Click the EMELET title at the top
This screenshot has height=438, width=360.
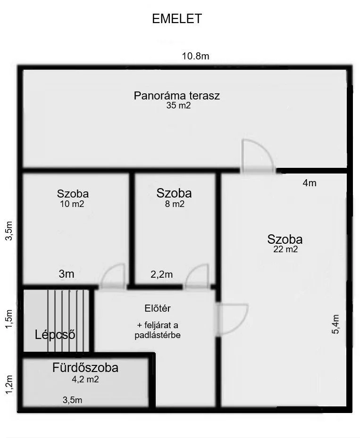tap(176, 19)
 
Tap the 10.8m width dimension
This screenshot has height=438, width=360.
tap(196, 56)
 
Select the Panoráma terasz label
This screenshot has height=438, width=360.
tap(176, 96)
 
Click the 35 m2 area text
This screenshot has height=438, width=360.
tap(178, 105)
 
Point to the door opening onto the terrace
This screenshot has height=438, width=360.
tap(258, 157)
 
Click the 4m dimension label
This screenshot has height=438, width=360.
tap(310, 183)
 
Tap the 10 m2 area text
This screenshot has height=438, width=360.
tap(72, 204)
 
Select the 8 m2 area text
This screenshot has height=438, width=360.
tap(175, 204)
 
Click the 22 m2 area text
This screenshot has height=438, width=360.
tap(285, 249)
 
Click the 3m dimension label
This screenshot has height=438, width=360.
tap(67, 274)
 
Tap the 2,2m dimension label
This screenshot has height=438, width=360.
tap(161, 274)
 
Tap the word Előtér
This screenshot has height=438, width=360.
tap(158, 308)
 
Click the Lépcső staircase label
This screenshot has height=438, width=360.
tap(55, 335)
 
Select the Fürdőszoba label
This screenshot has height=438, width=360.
tap(85, 368)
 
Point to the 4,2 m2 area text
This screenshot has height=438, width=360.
tap(85, 380)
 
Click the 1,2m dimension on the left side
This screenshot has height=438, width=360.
tap(9, 385)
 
